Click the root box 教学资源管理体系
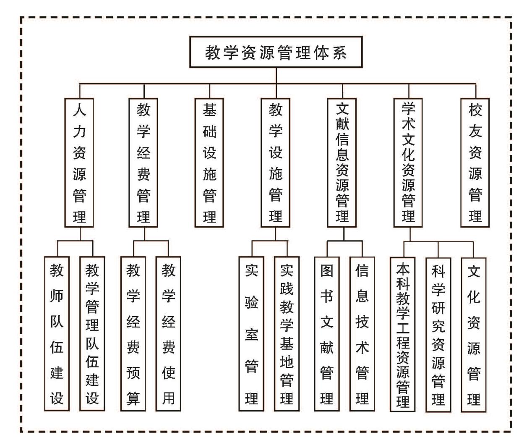pos(276,52)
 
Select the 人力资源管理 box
pos(79,163)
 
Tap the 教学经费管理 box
pos(143,163)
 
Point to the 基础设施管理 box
pos(209,163)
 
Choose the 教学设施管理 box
pos(275,163)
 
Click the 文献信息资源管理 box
pos(342,163)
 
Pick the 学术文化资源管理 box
pos(408,163)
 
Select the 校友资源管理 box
pos(475,163)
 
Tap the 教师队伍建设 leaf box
pos(57,334)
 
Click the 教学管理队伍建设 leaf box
pos(92,334)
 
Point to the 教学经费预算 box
pos(133,334)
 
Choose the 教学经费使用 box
pos(168,334)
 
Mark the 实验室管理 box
pos(251,334)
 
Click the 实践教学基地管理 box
pos(287,334)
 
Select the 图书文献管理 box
pos(327,334)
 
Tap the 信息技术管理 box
pos(362,334)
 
